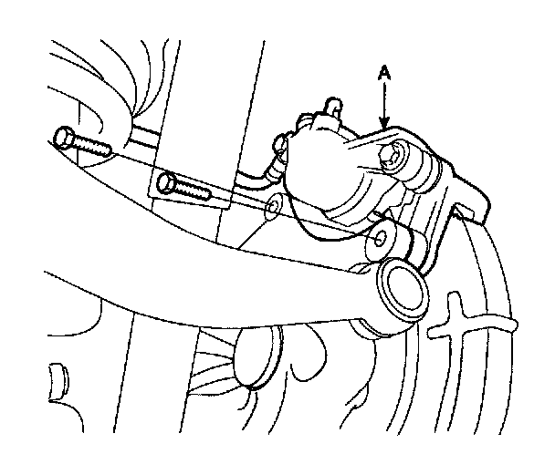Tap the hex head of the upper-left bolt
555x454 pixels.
[x=65, y=139]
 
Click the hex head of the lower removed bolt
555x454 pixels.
[x=168, y=184]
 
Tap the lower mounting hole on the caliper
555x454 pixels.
[x=377, y=241]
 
